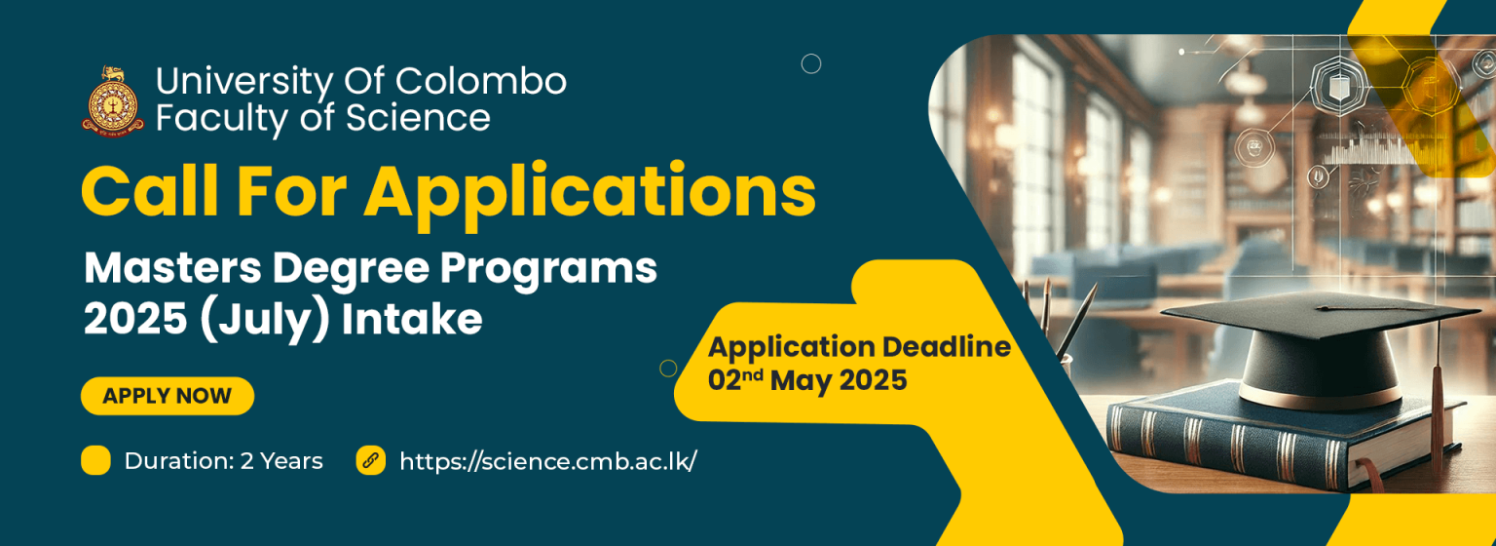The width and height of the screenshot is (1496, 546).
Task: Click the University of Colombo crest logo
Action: [x=113, y=101]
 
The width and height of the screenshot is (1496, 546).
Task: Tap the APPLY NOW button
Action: [x=168, y=396]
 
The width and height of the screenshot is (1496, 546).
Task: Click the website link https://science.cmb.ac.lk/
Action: [x=548, y=461]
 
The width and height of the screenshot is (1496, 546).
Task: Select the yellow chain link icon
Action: [x=371, y=460]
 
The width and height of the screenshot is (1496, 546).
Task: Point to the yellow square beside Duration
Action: [x=95, y=460]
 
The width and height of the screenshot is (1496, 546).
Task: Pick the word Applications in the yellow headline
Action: [x=589, y=192]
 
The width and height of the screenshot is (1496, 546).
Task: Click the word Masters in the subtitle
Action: [x=172, y=268]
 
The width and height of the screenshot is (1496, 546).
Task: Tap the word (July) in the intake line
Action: [x=265, y=320]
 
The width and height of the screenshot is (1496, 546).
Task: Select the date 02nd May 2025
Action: [x=807, y=380]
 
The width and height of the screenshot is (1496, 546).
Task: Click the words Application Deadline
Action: [x=860, y=347]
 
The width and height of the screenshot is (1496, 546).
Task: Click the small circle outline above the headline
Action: [x=810, y=63]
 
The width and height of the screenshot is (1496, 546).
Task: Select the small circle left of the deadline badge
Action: [x=668, y=369]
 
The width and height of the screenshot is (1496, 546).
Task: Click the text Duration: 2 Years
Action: [x=224, y=461]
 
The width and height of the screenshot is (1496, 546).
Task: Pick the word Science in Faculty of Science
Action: [x=418, y=118]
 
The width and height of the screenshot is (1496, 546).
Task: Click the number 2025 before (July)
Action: [x=135, y=320]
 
